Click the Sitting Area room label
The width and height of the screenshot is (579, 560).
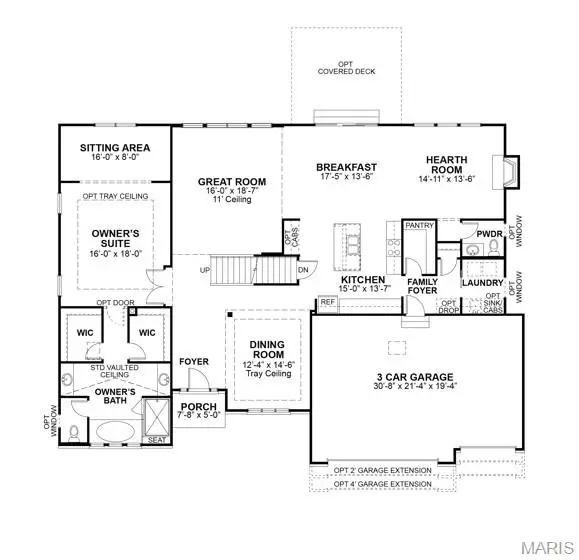click(114, 149)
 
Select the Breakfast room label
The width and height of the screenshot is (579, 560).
click(346, 167)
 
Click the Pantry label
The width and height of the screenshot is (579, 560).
click(420, 226)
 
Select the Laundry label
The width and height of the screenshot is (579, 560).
click(482, 283)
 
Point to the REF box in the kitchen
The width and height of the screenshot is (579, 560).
click(327, 302)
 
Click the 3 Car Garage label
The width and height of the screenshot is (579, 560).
click(416, 379)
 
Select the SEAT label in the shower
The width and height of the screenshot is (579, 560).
click(158, 440)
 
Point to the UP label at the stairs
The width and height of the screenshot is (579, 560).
click(206, 271)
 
